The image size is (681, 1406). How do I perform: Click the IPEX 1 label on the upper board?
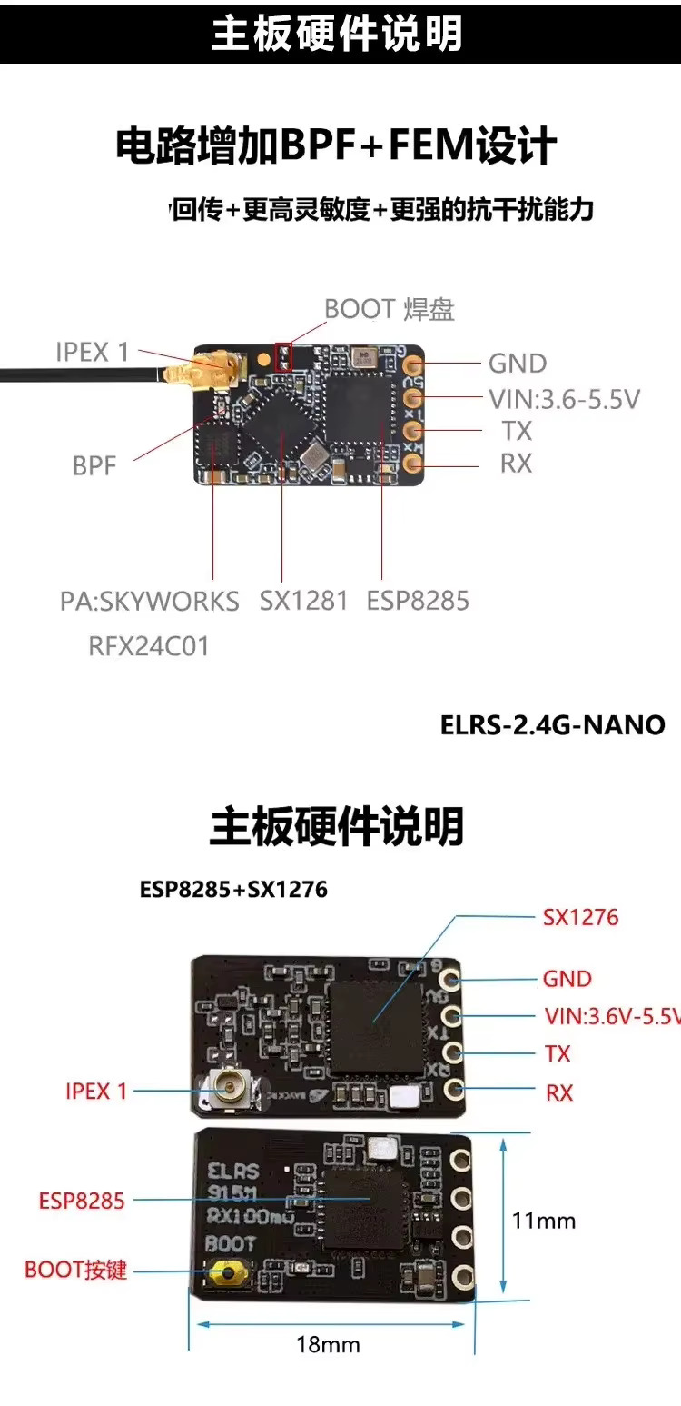(93, 352)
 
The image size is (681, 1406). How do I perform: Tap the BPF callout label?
(95, 466)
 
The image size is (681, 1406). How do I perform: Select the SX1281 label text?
(303, 601)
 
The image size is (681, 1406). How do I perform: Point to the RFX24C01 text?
(149, 646)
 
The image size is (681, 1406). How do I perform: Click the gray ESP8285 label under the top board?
(418, 601)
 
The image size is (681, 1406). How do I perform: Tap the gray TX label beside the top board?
(516, 431)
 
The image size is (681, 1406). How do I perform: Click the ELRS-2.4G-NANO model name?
(552, 725)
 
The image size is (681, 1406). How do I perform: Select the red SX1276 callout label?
(580, 917)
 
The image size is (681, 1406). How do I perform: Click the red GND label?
(567, 979)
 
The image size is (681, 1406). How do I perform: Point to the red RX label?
(559, 1092)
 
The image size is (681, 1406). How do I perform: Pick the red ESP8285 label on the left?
(81, 1201)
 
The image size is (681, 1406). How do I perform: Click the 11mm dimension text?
(544, 1220)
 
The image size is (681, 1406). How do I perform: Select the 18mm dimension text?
(328, 1344)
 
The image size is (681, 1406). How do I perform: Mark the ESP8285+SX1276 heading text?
(233, 890)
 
